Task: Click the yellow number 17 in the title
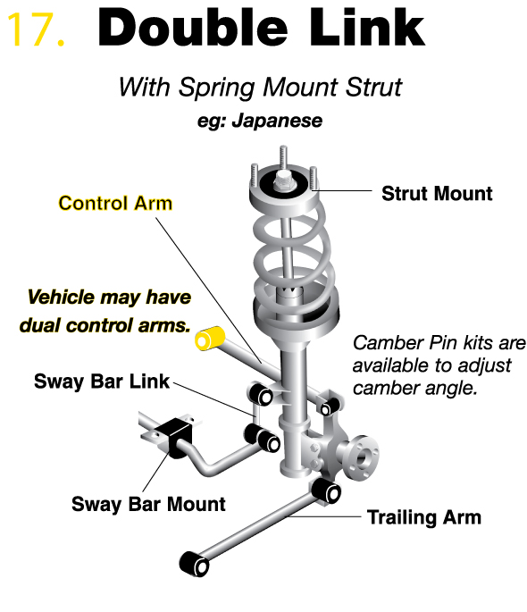pyautogui.click(x=36, y=29)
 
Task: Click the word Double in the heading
pyautogui.click(x=193, y=28)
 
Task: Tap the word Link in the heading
pyautogui.click(x=367, y=28)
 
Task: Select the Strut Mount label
pyautogui.click(x=437, y=194)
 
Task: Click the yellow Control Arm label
pyautogui.click(x=115, y=204)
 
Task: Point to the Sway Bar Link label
pyautogui.click(x=102, y=381)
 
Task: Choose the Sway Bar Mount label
pyautogui.click(x=148, y=504)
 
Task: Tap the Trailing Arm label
pyautogui.click(x=424, y=517)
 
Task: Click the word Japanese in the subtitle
pyautogui.click(x=278, y=121)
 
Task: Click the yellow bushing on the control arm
pyautogui.click(x=210, y=338)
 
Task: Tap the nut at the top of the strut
pyautogui.click(x=283, y=180)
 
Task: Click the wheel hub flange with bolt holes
pyautogui.click(x=361, y=457)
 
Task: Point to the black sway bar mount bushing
pyautogui.click(x=175, y=437)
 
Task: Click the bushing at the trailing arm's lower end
pyautogui.click(x=195, y=564)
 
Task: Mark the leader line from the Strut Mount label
pyautogui.click(x=342, y=191)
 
